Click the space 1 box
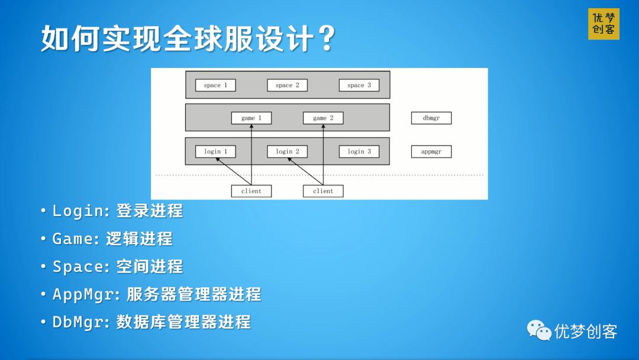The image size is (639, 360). tap(215, 85)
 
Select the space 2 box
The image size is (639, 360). tap(288, 85)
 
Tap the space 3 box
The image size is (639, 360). tap(359, 85)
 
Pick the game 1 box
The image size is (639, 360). tap(251, 118)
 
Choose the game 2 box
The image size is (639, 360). tap(323, 118)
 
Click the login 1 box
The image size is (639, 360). tap(215, 152)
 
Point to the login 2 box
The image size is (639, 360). tap(288, 152)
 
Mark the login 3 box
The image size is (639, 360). tap(359, 152)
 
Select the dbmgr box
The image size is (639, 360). tap(431, 118)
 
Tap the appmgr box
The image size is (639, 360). tap(431, 152)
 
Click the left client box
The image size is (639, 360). tap(251, 191)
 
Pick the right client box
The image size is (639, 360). tap(323, 191)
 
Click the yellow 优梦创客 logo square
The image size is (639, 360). tap(603, 24)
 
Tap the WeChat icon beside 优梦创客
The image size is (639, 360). tap(539, 330)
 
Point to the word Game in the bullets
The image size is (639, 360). tap(73, 239)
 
